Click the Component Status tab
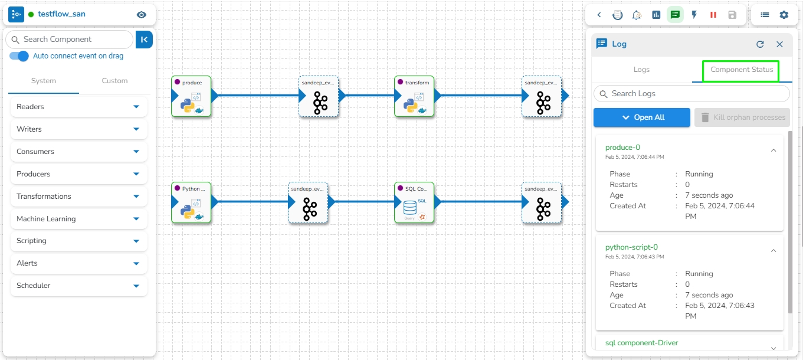coord(742,70)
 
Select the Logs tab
coord(641,70)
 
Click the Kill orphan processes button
coord(742,117)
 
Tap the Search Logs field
coord(691,94)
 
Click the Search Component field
coord(70,40)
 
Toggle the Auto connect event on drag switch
coord(19,56)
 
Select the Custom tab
coord(114,81)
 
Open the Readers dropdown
coord(78,107)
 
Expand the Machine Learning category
coord(78,219)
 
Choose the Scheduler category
coord(78,286)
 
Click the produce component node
coord(191,96)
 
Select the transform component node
coord(414,96)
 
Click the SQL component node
coord(414,202)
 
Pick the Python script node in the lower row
coord(191,202)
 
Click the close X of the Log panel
coord(779,44)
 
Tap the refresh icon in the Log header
coord(761,44)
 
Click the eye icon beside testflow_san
coord(141,15)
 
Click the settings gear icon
coord(784,15)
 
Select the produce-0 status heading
coord(622,148)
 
